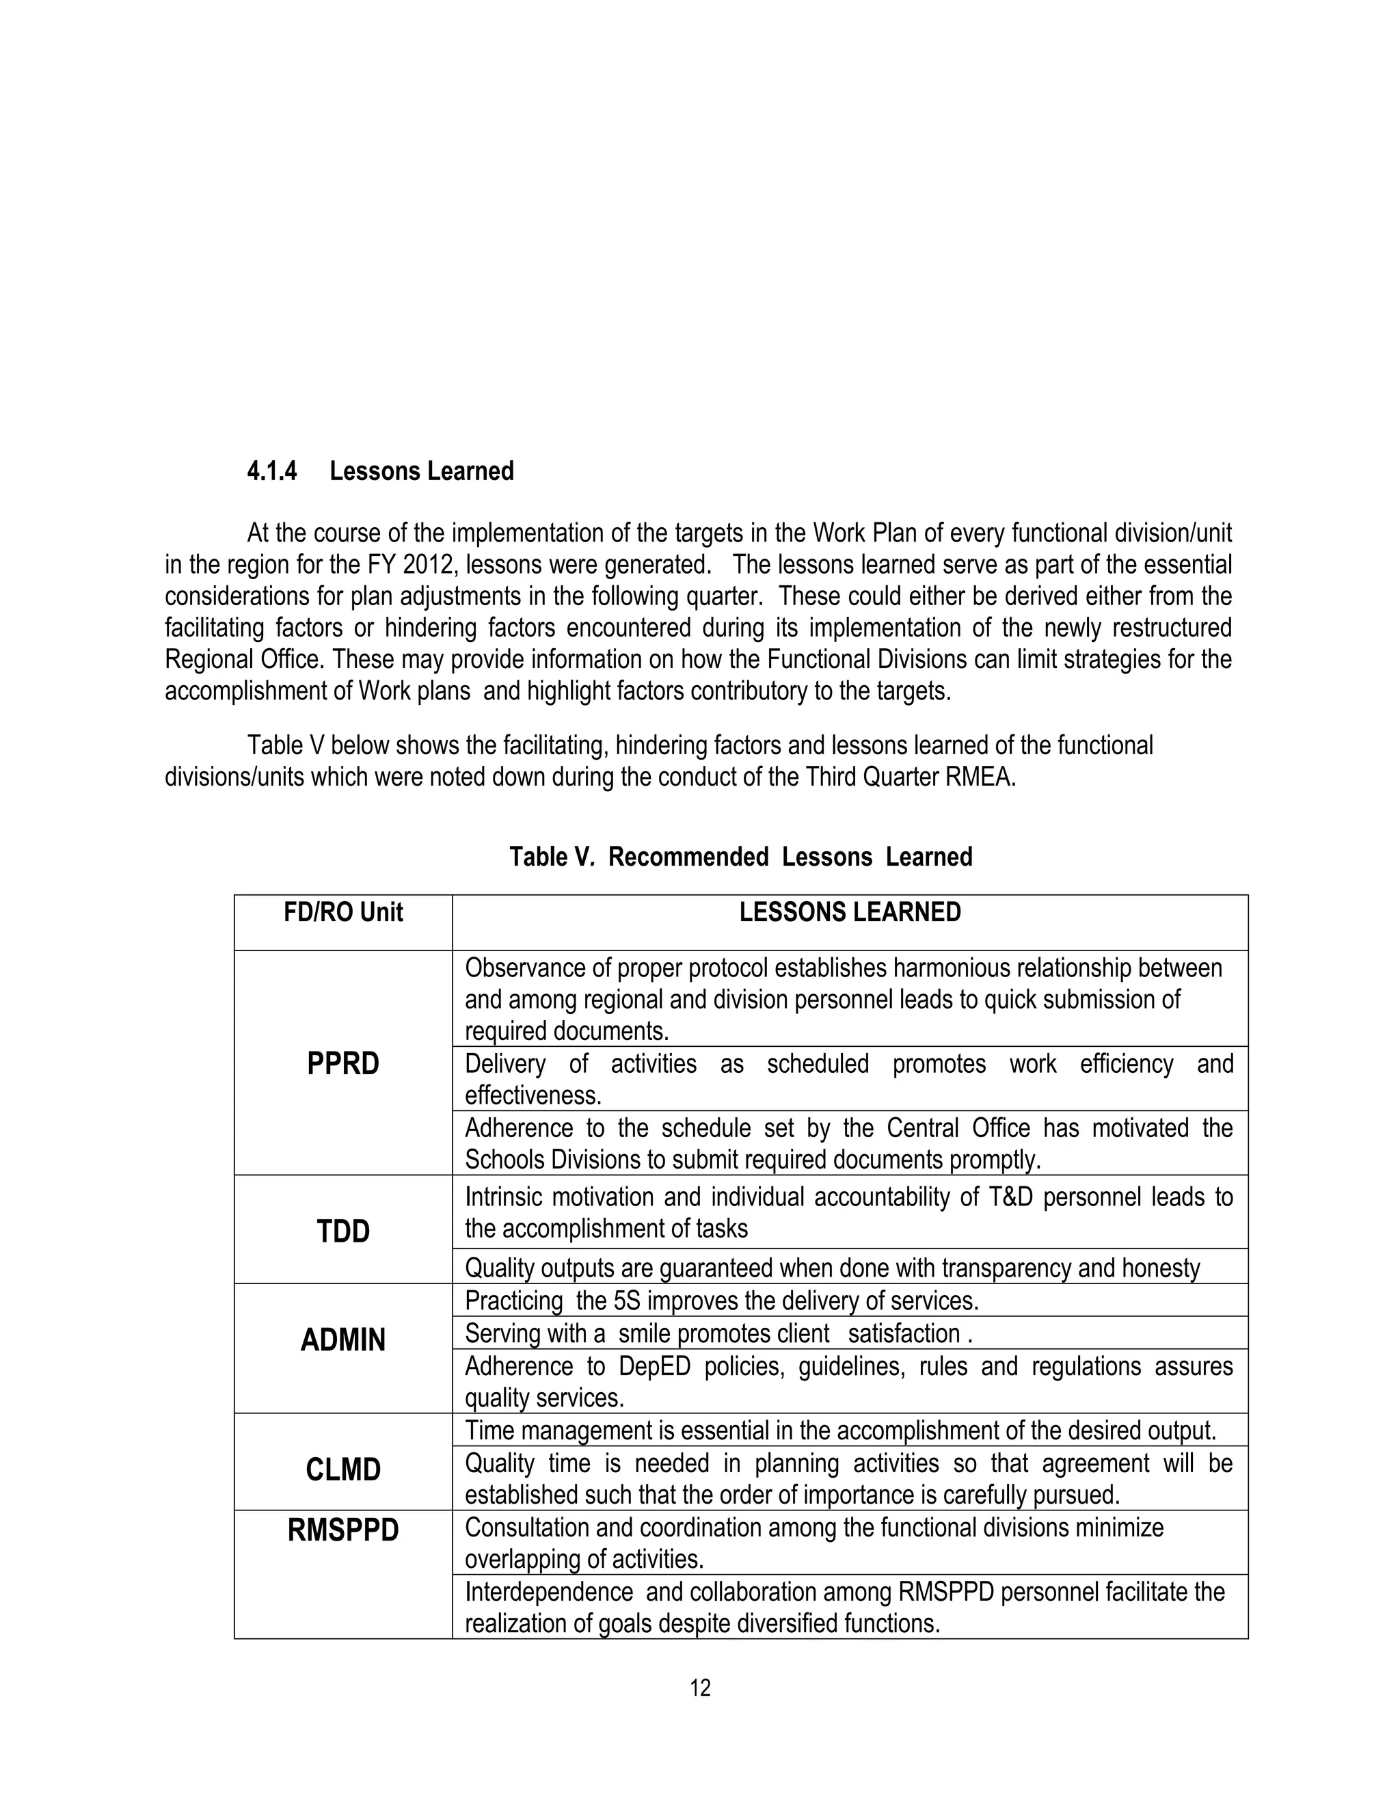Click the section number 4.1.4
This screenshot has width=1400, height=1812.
271,471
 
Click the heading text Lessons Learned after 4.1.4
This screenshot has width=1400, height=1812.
421,471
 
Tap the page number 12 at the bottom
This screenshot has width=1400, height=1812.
700,1688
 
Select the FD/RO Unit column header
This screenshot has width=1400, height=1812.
343,913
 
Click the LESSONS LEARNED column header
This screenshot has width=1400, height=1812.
850,913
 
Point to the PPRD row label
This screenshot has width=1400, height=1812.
343,1064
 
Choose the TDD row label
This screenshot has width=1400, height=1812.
343,1231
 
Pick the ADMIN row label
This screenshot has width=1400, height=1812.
343,1340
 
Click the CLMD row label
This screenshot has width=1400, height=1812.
343,1469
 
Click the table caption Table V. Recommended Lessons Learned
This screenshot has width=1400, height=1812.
740,856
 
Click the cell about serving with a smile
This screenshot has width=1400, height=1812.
718,1333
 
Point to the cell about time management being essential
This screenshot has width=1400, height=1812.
840,1430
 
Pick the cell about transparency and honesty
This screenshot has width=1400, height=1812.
832,1268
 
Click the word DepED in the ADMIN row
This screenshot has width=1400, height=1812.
654,1365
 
